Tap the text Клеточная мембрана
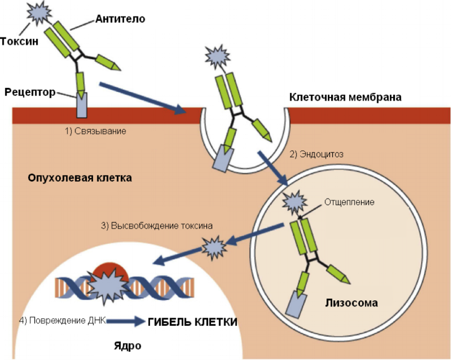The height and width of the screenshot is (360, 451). click(345, 97)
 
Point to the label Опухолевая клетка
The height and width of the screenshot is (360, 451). click(80, 178)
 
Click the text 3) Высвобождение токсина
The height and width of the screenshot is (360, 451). click(157, 225)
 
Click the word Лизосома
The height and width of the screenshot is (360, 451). click(351, 303)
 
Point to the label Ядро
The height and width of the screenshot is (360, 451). click(127, 346)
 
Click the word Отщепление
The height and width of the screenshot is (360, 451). click(349, 202)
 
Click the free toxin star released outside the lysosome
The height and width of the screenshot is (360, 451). click(214, 247)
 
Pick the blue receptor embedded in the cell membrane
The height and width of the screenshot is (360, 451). click(81, 105)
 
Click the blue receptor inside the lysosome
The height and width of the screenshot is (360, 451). click(296, 302)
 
